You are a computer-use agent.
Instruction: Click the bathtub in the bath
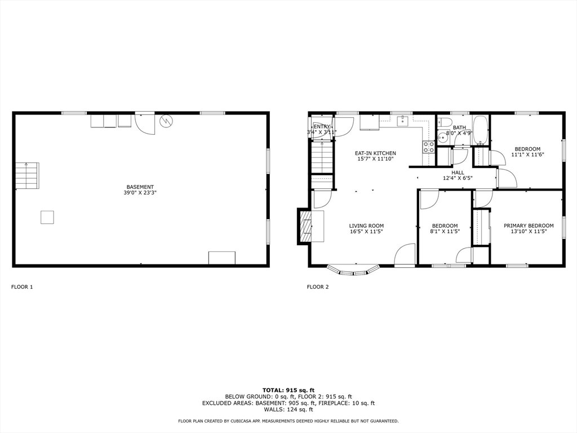coord(480,131)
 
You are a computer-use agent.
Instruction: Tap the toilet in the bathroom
coord(445,122)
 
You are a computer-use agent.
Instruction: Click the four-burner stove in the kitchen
coord(429,147)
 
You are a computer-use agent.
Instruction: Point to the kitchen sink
coord(402,120)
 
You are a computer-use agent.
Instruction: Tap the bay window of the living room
coord(354,271)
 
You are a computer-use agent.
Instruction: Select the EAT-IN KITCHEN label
coord(375,153)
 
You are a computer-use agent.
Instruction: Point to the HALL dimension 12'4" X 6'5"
coord(458,178)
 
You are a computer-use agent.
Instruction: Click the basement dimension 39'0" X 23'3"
coord(140,193)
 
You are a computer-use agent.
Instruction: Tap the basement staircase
coord(26,175)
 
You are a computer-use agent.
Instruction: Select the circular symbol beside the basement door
coord(166,121)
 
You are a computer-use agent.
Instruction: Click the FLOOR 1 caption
coord(22,287)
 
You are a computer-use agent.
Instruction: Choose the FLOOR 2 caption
coord(317,287)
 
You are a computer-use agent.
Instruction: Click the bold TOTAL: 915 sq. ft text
coord(288,390)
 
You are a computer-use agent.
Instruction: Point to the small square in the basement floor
coord(47,217)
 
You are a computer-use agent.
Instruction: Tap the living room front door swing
coord(405,255)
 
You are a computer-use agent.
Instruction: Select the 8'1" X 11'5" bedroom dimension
coord(445,231)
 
